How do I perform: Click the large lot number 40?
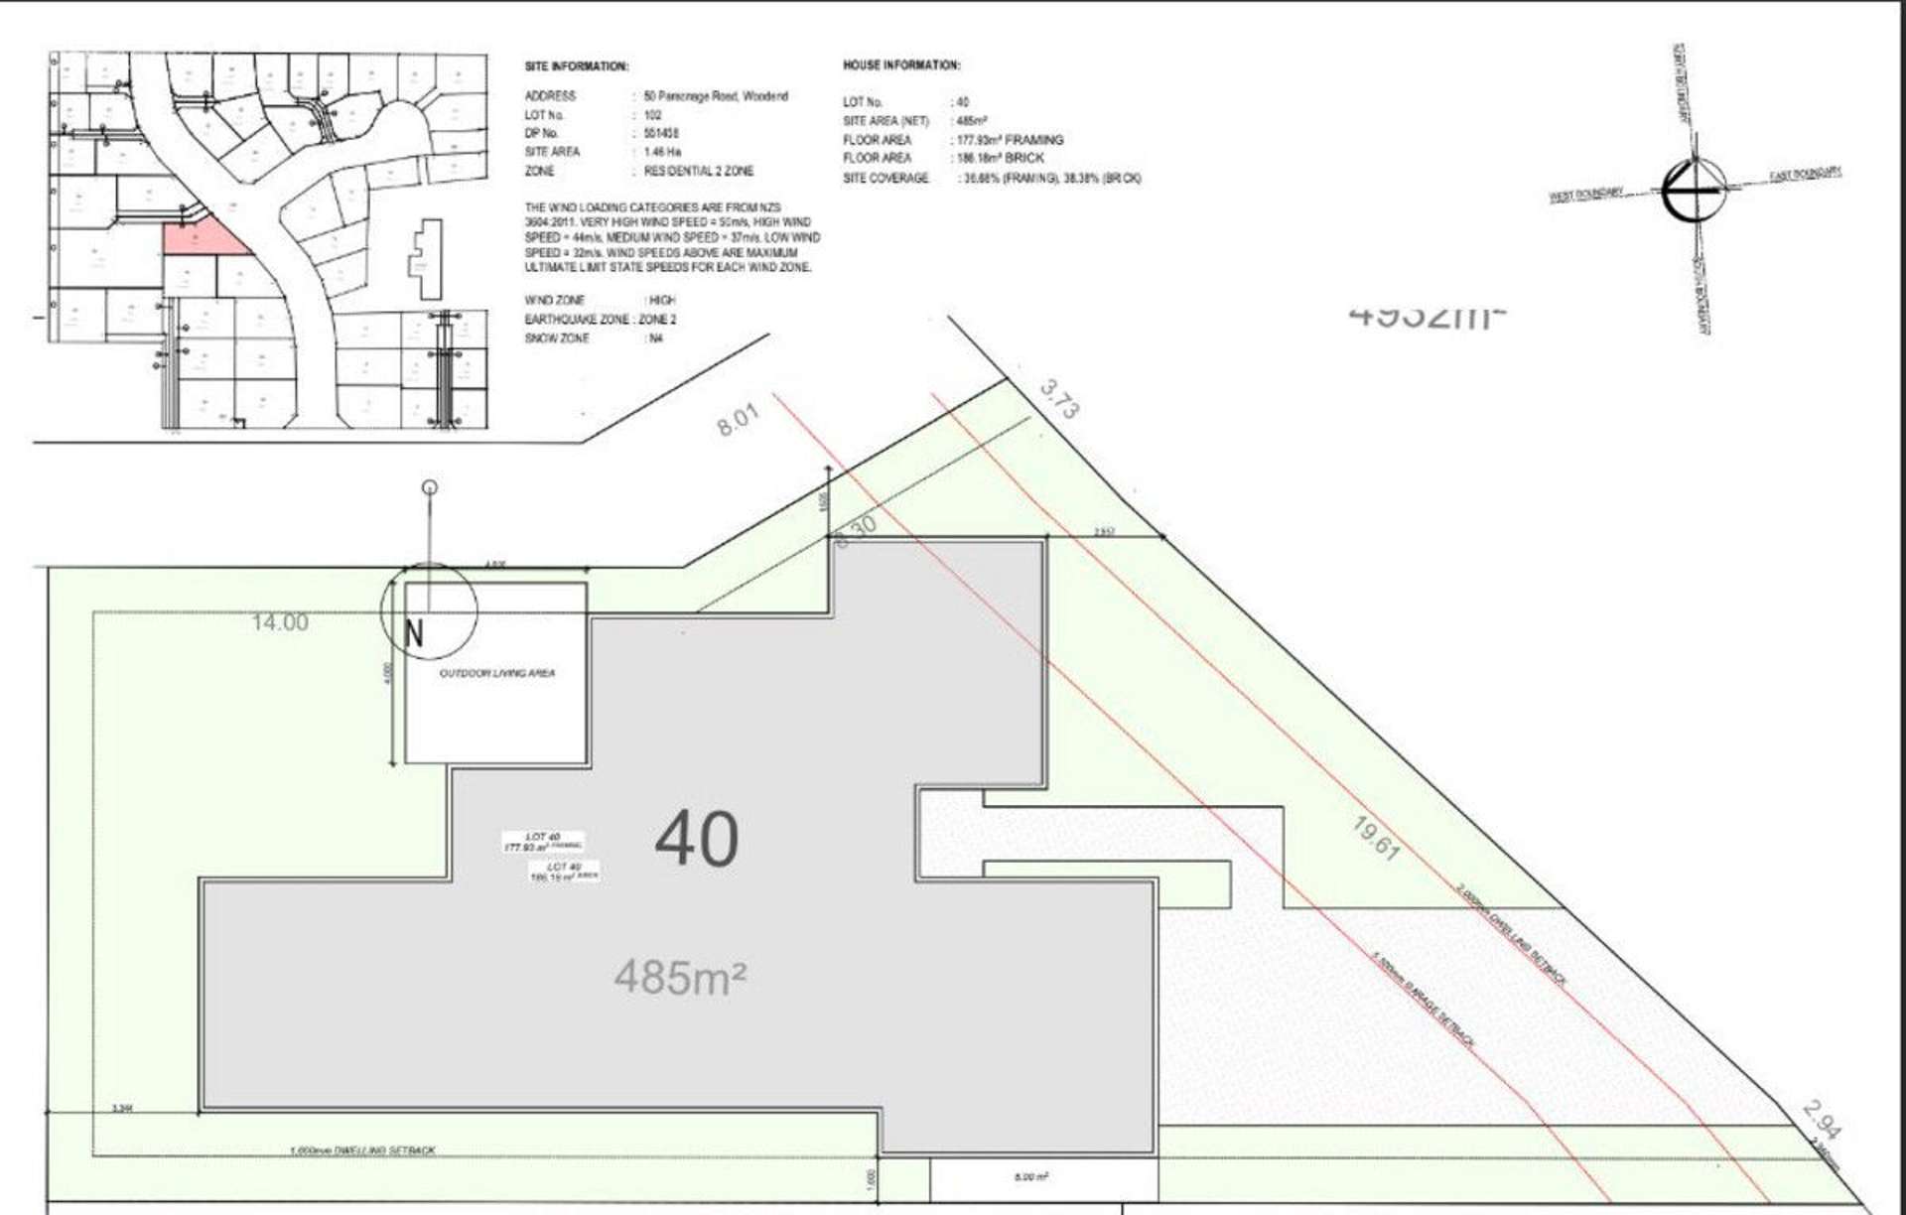click(x=697, y=840)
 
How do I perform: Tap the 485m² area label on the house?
click(x=680, y=978)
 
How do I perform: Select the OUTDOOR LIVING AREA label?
click(x=497, y=673)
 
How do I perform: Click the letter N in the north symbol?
click(x=414, y=633)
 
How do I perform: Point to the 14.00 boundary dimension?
click(x=280, y=622)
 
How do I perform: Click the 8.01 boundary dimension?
click(x=738, y=419)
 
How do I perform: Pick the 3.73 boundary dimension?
click(x=1059, y=400)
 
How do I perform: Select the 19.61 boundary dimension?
click(x=1377, y=839)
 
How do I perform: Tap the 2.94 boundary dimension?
click(x=1823, y=1120)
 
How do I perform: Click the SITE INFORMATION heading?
click(x=576, y=67)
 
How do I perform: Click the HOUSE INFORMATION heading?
click(x=901, y=66)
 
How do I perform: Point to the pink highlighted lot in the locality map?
click(x=202, y=239)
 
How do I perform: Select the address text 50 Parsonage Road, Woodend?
click(x=716, y=96)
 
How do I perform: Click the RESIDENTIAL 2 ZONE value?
click(x=699, y=171)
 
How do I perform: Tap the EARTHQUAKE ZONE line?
click(x=600, y=320)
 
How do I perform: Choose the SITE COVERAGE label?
click(x=885, y=179)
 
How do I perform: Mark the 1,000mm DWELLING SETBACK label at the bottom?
click(x=362, y=1150)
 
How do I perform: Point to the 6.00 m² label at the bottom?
click(x=1031, y=1177)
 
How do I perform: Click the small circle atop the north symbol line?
click(x=430, y=486)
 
